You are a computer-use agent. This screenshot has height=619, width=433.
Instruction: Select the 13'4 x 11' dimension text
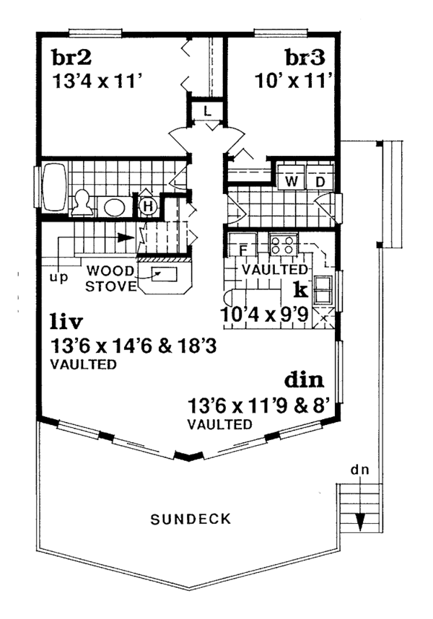click(x=100, y=82)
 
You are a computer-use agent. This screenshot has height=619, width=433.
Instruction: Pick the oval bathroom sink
click(x=115, y=208)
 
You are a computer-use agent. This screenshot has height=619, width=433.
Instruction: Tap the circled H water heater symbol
click(x=148, y=206)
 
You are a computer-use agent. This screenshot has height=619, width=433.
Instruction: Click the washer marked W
click(x=292, y=180)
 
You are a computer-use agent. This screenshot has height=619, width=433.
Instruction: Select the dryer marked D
click(x=320, y=180)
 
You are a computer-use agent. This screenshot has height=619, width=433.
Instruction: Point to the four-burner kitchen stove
click(x=282, y=244)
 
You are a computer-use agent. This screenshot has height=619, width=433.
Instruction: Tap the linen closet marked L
click(x=206, y=110)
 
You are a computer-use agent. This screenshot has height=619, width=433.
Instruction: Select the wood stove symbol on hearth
click(x=163, y=273)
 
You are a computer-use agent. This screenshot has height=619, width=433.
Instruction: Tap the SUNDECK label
click(x=191, y=518)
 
